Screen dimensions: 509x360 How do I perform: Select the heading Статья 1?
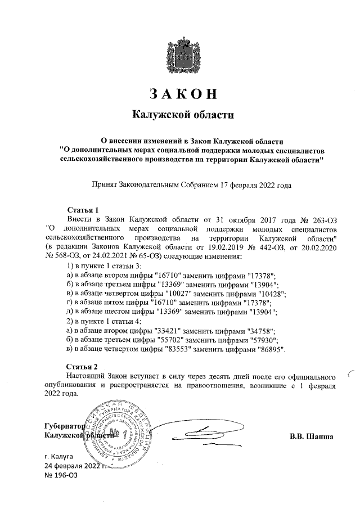click(x=83, y=210)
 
